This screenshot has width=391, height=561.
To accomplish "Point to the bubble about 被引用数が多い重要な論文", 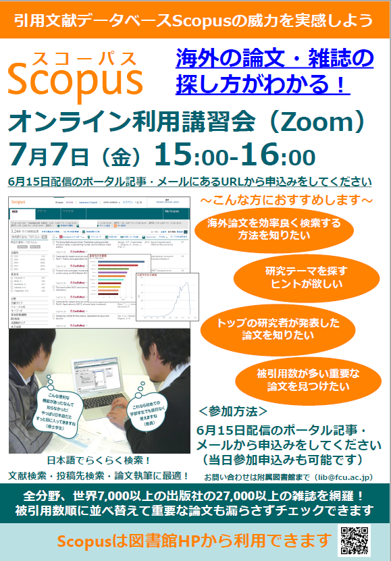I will coord(307,380).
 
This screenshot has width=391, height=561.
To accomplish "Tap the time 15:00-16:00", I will coord(234,155).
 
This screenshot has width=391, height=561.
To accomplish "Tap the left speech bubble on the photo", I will coord(57,405).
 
